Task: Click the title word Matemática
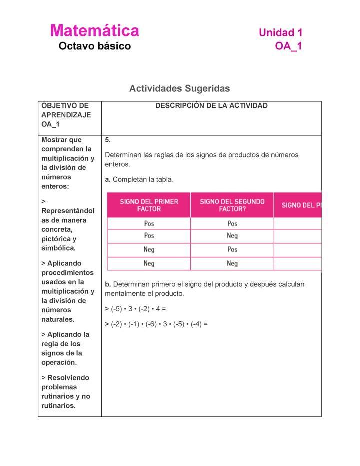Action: point(94,31)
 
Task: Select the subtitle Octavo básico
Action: point(94,46)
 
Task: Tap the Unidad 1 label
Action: point(280,33)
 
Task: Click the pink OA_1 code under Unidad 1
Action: point(288,47)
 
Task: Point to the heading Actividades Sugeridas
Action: point(179,88)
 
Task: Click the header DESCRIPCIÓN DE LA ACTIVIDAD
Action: point(211,106)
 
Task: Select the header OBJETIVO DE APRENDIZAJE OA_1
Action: point(66,115)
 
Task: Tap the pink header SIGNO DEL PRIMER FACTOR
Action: point(149,205)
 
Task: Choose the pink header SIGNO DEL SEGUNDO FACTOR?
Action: point(232,205)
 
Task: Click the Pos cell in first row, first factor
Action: point(149,224)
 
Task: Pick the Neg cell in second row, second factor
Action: point(232,236)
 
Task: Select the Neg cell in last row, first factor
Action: point(149,263)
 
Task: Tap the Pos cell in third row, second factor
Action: point(232,249)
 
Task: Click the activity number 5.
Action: point(108,140)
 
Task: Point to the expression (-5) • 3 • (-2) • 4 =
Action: point(135,309)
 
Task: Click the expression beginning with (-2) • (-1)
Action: point(156,324)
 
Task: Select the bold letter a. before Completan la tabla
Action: point(108,179)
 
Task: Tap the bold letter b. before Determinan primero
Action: point(108,284)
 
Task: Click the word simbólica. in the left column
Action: point(59,248)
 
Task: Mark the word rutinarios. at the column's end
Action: point(59,406)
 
